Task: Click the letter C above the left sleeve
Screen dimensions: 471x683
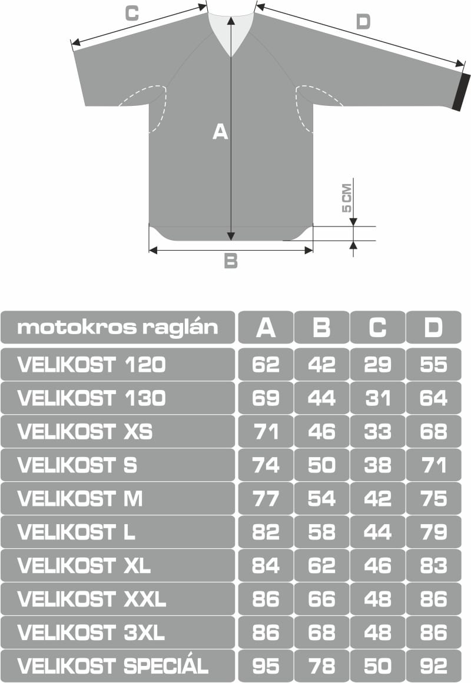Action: click(132, 13)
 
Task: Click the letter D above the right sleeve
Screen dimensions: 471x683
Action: click(363, 21)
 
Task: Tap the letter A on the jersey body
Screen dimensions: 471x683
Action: click(220, 132)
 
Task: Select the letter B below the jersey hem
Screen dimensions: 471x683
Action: click(231, 261)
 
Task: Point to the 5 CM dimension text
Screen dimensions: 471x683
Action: click(346, 198)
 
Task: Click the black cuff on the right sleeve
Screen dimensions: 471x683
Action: click(461, 92)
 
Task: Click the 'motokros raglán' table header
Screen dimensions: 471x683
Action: click(117, 328)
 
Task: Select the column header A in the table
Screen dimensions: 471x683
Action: click(266, 328)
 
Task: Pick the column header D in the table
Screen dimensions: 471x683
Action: click(433, 328)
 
